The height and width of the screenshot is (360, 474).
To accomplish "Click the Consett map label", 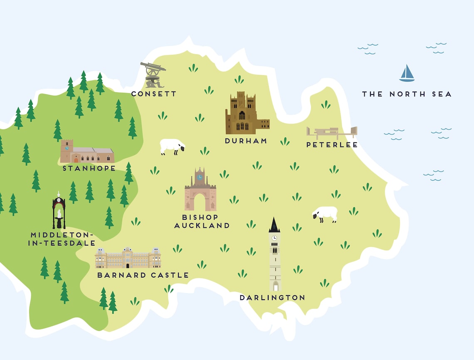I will pyautogui.click(x=154, y=94).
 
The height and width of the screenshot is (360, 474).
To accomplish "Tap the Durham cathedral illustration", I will pyautogui.click(x=245, y=113).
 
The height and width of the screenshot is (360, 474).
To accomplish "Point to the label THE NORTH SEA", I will pyautogui.click(x=406, y=94).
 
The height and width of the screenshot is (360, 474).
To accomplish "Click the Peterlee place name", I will pyautogui.click(x=332, y=145).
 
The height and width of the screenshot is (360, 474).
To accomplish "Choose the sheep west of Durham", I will pyautogui.click(x=172, y=146).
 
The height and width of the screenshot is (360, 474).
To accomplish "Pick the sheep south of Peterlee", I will pyautogui.click(x=325, y=214).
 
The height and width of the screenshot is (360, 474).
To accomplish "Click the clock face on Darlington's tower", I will pyautogui.click(x=274, y=238).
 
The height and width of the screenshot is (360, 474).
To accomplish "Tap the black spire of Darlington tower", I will pyautogui.click(x=274, y=225).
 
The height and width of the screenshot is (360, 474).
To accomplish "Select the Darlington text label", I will pyautogui.click(x=272, y=298).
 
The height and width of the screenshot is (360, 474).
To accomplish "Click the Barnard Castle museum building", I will pyautogui.click(x=128, y=258).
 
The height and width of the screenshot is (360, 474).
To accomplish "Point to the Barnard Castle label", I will pyautogui.click(x=143, y=275).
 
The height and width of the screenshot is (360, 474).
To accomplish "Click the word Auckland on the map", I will pyautogui.click(x=202, y=226).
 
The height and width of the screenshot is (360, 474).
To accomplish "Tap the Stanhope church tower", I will pyautogui.click(x=67, y=151).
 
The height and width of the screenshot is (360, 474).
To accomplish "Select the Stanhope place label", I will pyautogui.click(x=89, y=169).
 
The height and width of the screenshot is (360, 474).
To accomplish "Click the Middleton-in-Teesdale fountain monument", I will pyautogui.click(x=59, y=211).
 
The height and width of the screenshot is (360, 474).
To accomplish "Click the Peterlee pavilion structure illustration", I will pyautogui.click(x=331, y=133).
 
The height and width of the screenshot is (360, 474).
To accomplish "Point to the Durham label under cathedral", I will pyautogui.click(x=246, y=141).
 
